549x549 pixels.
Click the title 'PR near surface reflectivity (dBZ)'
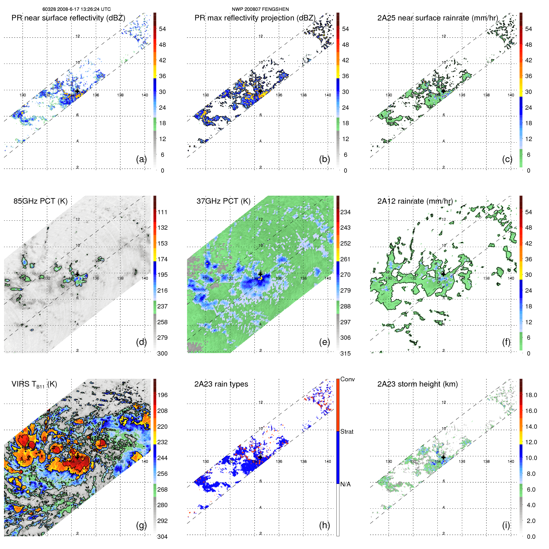point(68,18)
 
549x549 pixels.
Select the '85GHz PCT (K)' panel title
point(40,201)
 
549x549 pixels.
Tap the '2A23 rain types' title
point(221,384)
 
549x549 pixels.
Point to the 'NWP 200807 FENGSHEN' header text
point(260,9)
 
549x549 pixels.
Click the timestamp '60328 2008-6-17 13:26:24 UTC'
point(77,9)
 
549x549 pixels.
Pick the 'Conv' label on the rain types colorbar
point(347,379)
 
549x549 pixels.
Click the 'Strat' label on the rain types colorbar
point(347,432)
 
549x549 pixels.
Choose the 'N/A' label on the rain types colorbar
point(345,484)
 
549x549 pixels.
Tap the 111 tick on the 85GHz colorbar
point(162,212)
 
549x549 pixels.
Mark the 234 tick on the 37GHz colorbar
point(345,212)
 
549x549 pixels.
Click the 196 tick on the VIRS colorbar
point(162,395)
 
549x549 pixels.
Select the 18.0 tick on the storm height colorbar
point(531,395)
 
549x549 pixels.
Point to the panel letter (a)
point(141,159)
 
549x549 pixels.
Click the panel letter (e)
point(324,342)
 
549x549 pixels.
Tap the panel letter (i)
point(506,525)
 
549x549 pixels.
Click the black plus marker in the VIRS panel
point(77,457)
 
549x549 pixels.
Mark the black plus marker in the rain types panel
point(260,457)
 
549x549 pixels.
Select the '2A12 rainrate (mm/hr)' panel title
point(415,201)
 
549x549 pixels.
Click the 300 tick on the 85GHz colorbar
point(162,353)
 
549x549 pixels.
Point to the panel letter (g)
point(141,525)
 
